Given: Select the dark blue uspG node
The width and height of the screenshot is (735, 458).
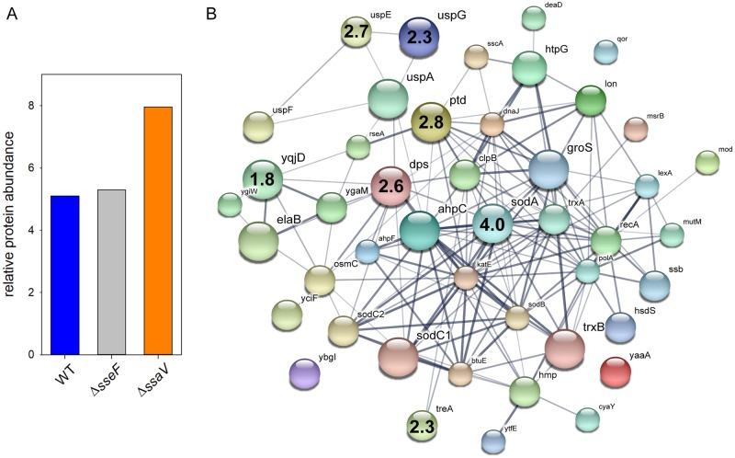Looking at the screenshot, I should pos(419,40).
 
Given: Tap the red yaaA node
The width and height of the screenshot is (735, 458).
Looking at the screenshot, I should pos(615,372).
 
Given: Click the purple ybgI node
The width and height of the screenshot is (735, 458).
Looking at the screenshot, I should pos(305,373).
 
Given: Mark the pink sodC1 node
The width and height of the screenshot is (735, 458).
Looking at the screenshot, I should pos(398,357).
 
